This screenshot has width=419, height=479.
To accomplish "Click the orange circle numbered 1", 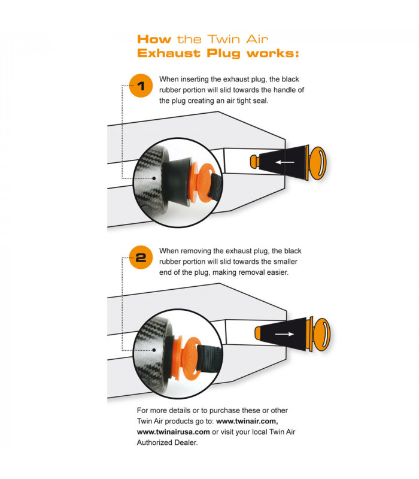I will pos(141,86).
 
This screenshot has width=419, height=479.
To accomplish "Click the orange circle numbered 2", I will pos(141,258).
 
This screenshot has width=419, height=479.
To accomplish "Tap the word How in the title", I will pos(154,40).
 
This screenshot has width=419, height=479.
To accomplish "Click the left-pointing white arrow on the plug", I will pos(285,162).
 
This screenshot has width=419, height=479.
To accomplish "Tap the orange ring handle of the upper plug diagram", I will pos(318,162).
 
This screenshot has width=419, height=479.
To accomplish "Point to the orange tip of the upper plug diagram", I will pos(253,162).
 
